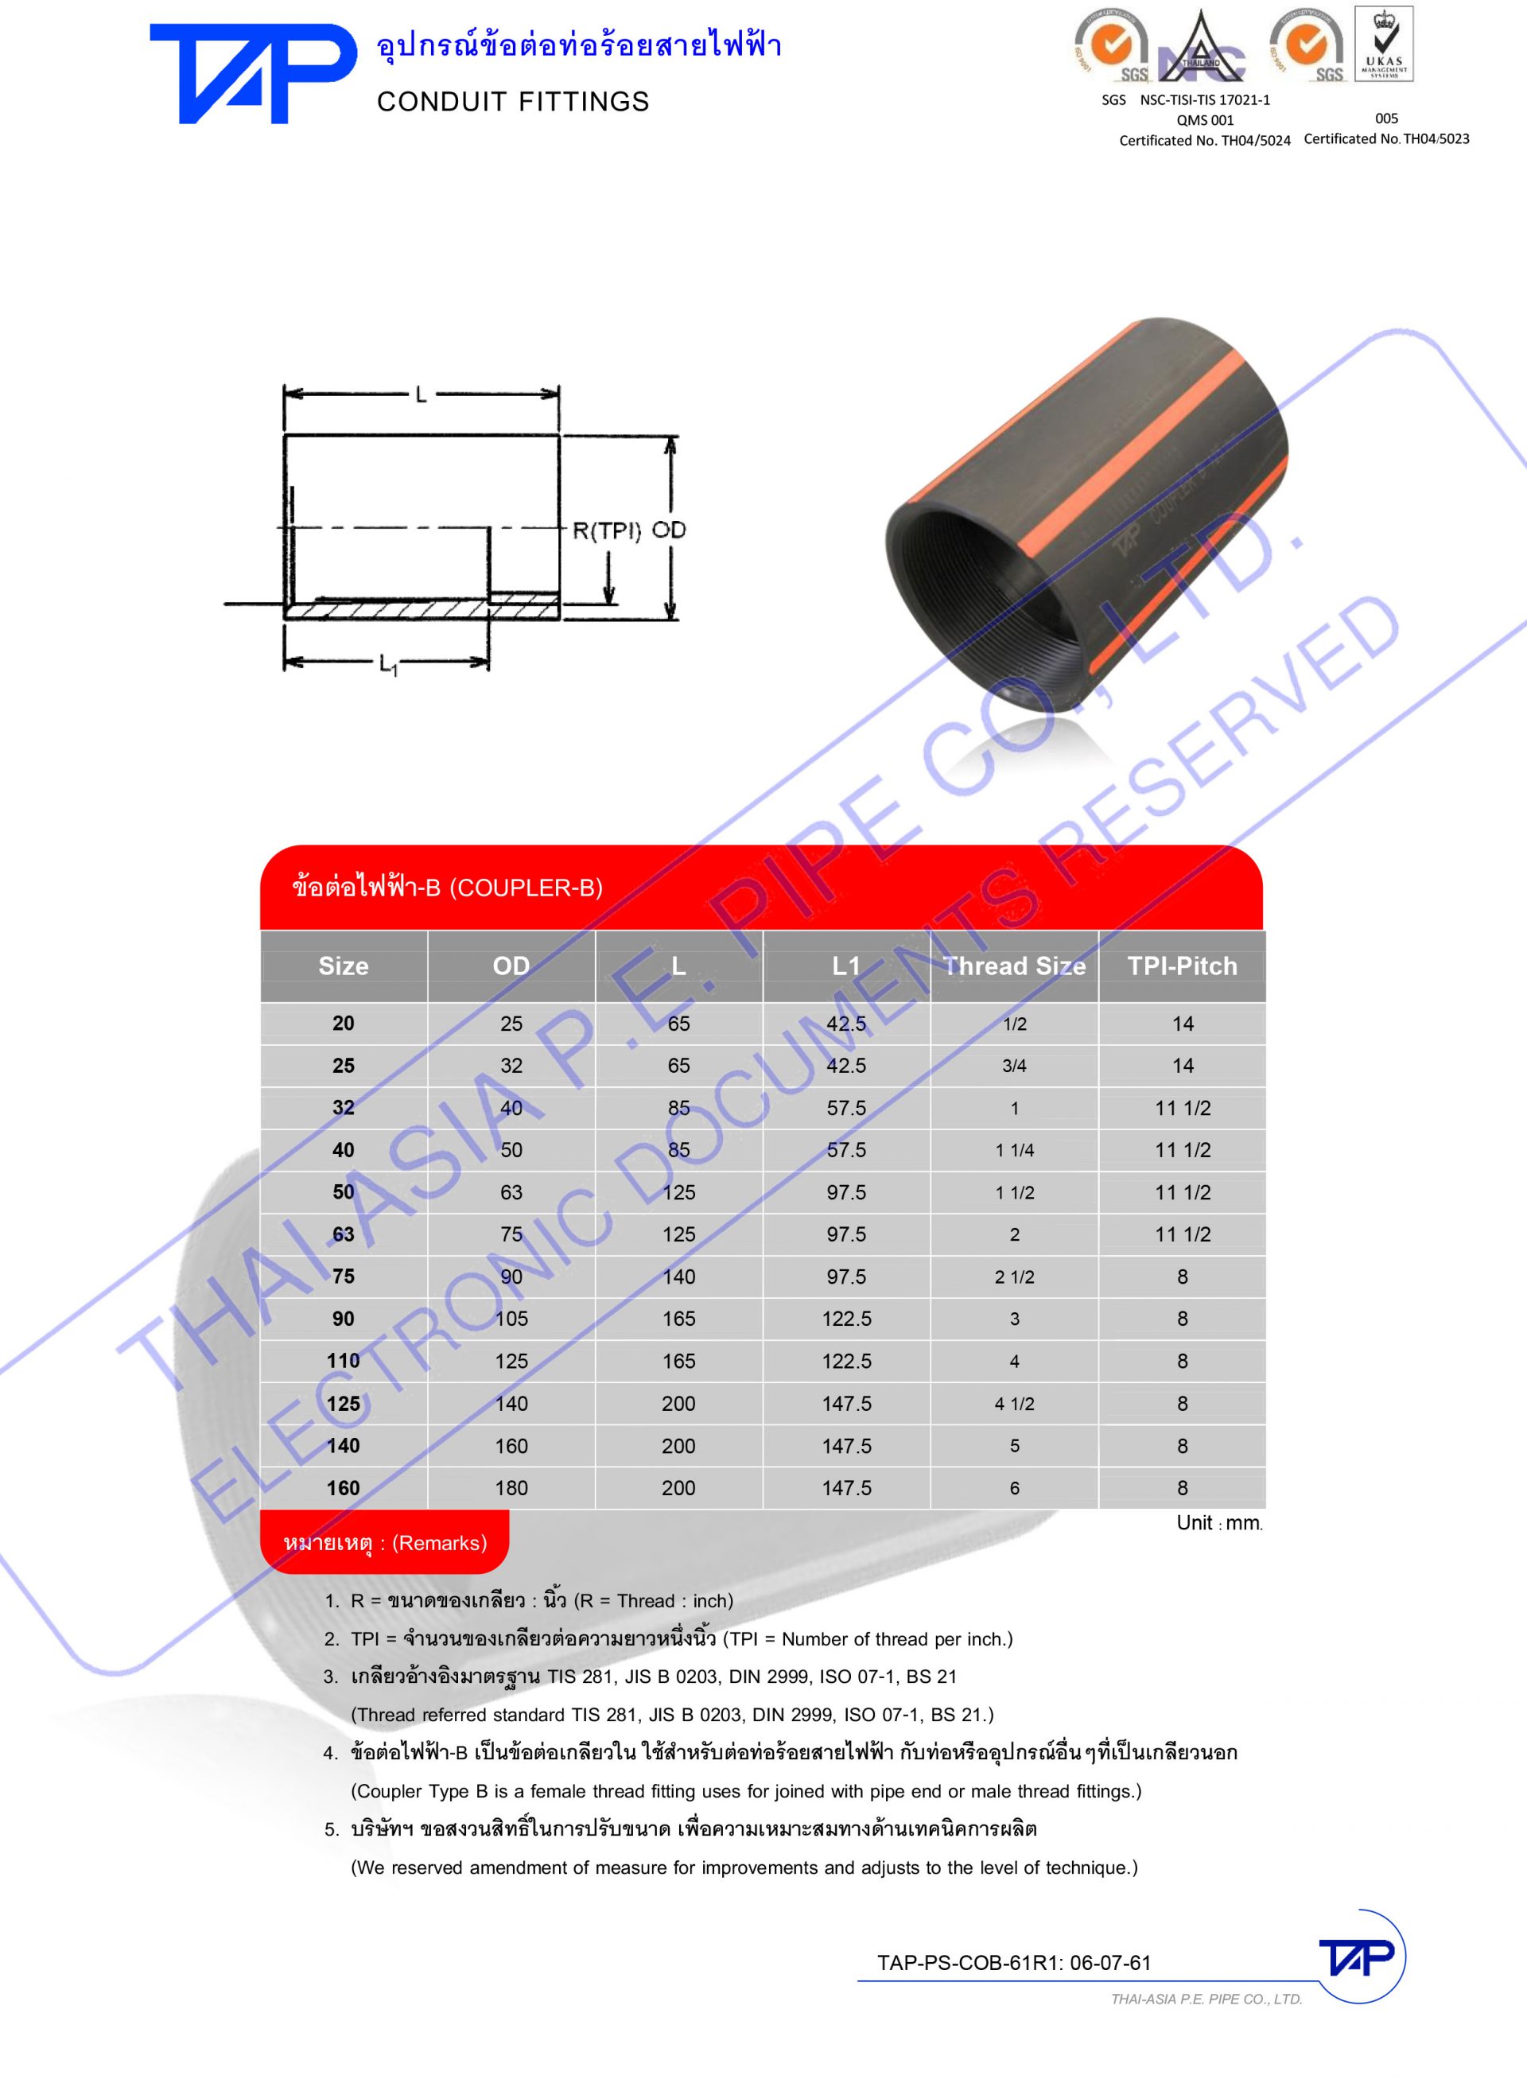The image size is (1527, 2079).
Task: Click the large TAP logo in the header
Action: (x=251, y=73)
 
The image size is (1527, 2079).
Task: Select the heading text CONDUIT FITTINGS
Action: (x=513, y=102)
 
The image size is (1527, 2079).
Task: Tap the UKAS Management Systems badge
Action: (x=1384, y=44)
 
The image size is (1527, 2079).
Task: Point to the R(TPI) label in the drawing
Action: (x=606, y=530)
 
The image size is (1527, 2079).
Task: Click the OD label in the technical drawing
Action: (x=669, y=530)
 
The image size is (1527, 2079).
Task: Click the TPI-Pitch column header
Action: (x=1181, y=966)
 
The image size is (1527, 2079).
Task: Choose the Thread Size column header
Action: (x=1014, y=966)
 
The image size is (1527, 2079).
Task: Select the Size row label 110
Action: (x=343, y=1361)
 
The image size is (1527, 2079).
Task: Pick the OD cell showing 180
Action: (x=511, y=1487)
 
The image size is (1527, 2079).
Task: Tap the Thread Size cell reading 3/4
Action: (x=1014, y=1066)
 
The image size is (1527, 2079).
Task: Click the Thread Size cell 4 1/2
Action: (x=1014, y=1403)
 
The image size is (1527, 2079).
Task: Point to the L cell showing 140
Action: (x=678, y=1277)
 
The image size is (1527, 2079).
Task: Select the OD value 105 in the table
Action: (x=511, y=1319)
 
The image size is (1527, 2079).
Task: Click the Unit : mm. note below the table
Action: (x=1218, y=1523)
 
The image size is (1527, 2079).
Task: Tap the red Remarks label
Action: (x=384, y=1543)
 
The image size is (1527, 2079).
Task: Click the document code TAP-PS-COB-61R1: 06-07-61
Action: (x=1014, y=1963)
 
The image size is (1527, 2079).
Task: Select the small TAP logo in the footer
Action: (x=1356, y=1957)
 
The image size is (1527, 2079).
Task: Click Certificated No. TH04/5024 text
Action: (x=1204, y=141)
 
